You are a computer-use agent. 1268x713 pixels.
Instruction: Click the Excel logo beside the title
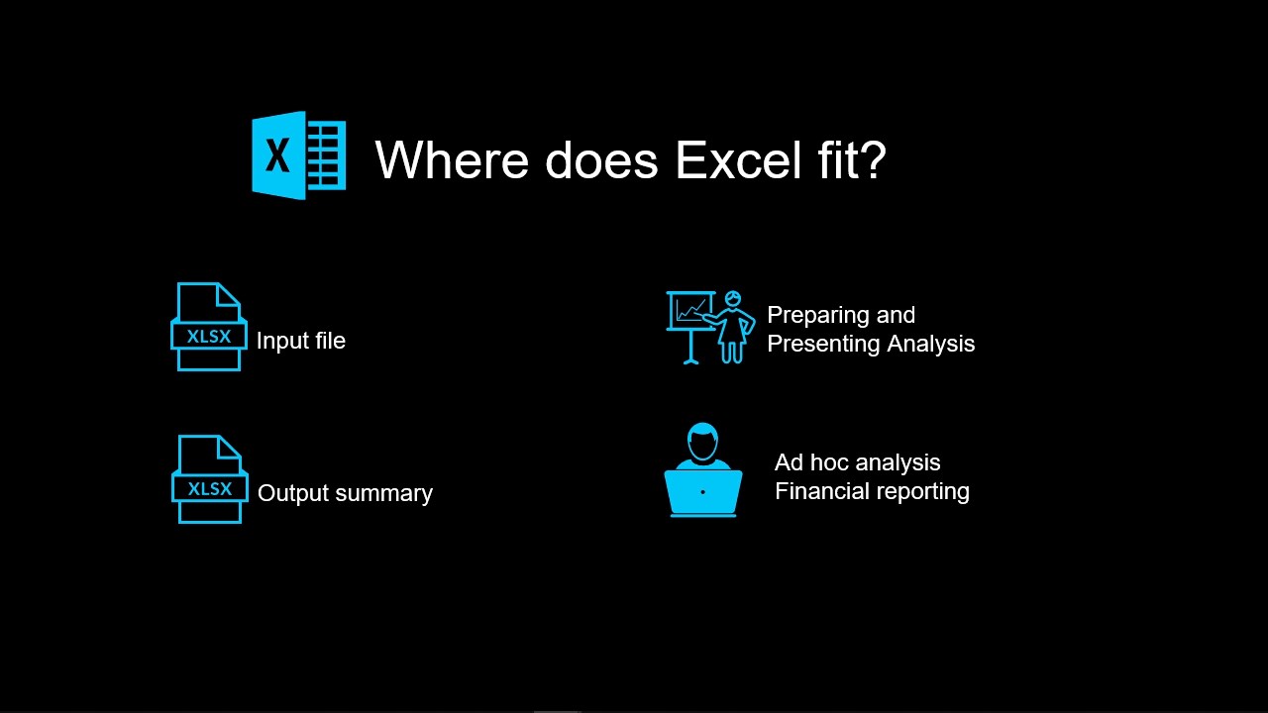tap(299, 155)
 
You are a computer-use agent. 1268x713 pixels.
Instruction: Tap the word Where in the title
tap(452, 160)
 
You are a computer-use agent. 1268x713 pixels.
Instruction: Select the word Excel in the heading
tap(738, 160)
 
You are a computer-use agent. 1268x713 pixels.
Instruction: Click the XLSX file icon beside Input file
tap(209, 327)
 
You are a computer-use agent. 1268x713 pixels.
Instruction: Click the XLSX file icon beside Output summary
tap(209, 479)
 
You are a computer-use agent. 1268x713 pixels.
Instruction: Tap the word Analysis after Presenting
tap(930, 344)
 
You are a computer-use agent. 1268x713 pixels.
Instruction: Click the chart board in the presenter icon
tap(690, 310)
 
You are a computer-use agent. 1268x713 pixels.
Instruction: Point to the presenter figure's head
tap(733, 298)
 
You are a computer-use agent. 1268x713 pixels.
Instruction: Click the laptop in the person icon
tap(703, 492)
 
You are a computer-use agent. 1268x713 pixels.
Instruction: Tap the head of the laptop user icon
tap(703, 442)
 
